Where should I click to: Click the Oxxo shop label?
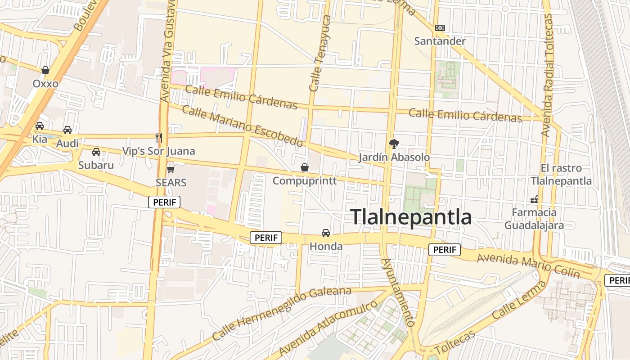tap(45, 84)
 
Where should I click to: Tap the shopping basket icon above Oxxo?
tap(45, 70)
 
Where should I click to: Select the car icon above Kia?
tap(40, 126)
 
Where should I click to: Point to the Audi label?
tap(67, 144)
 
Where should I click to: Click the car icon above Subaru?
tap(96, 152)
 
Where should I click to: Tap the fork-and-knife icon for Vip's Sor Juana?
tap(158, 137)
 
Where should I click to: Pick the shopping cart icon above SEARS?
tap(171, 169)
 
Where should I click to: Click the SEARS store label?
tap(171, 183)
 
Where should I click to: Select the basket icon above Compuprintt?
tap(305, 167)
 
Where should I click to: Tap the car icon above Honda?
tap(326, 233)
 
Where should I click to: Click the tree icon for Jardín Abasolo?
tap(394, 144)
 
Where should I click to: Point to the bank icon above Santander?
tap(440, 28)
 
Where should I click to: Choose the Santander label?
tap(440, 41)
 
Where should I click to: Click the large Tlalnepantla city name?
tap(411, 217)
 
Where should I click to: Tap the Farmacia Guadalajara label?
tap(534, 219)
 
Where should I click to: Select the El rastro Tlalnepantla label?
tap(561, 175)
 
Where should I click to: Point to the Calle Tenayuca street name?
tap(320, 54)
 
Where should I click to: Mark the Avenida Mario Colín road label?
tap(528, 265)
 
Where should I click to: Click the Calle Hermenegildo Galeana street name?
tap(281, 313)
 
